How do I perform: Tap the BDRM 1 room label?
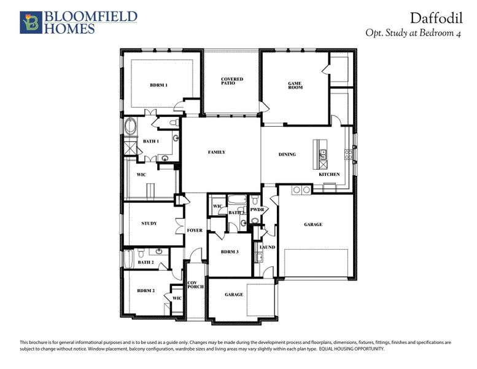[x=158, y=85]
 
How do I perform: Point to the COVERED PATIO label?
[x=232, y=81]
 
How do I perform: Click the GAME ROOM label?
[x=295, y=85]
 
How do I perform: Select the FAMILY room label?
[x=216, y=152]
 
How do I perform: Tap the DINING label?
[x=287, y=154]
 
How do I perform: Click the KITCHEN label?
[x=329, y=174]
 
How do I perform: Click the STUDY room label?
[x=149, y=223]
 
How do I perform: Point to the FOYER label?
[x=195, y=231]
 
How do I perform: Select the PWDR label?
[x=257, y=210]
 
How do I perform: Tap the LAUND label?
[x=267, y=247]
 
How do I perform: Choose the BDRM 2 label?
[x=145, y=290]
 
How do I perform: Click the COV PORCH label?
[x=195, y=285]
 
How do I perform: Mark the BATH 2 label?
[x=145, y=262]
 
